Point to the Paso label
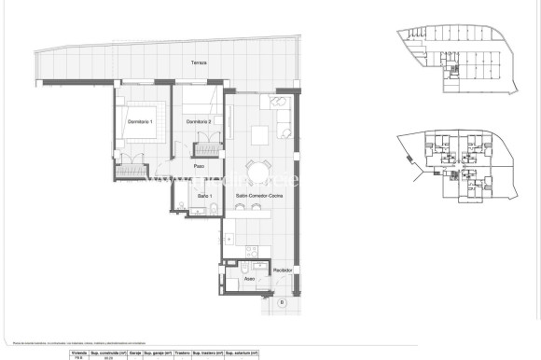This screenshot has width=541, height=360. [199, 166]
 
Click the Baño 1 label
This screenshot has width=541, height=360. [205, 195]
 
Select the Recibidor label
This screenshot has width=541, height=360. [284, 270]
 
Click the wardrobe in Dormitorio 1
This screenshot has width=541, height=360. [133, 170]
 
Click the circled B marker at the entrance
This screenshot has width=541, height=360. [280, 302]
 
